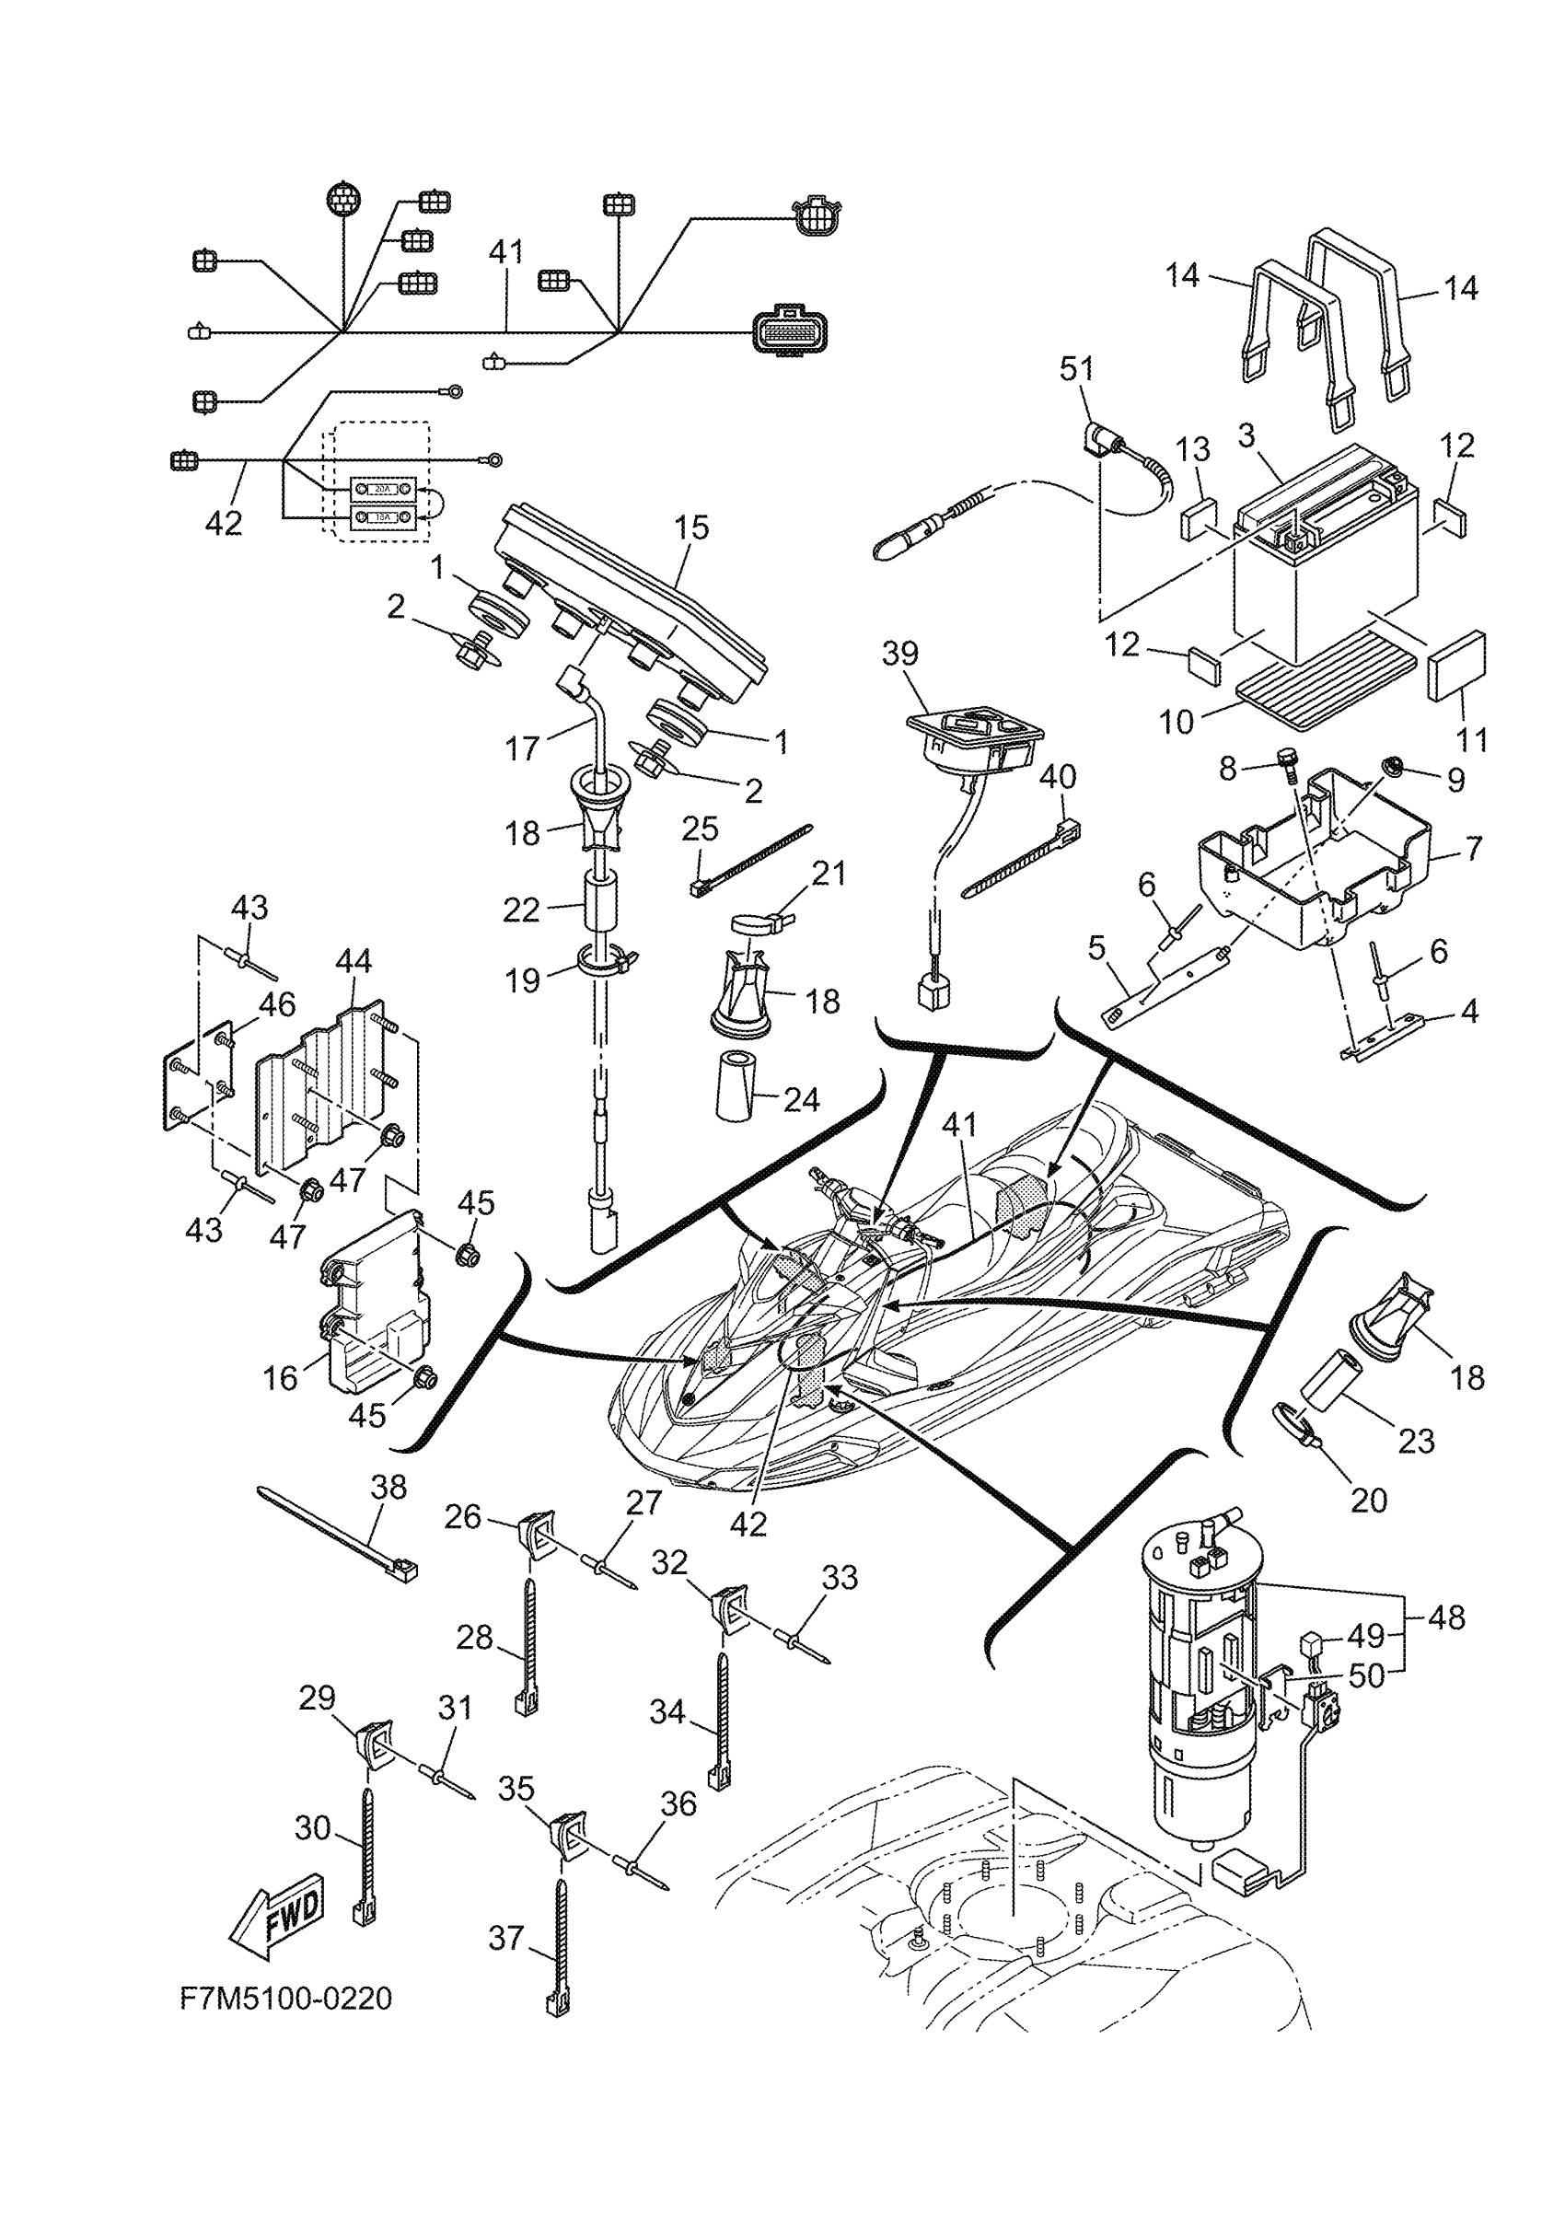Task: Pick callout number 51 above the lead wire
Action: [x=1077, y=368]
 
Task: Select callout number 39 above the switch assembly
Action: [x=899, y=653]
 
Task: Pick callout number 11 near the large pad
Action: [x=1470, y=740]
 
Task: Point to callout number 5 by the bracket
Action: [x=1096, y=948]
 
